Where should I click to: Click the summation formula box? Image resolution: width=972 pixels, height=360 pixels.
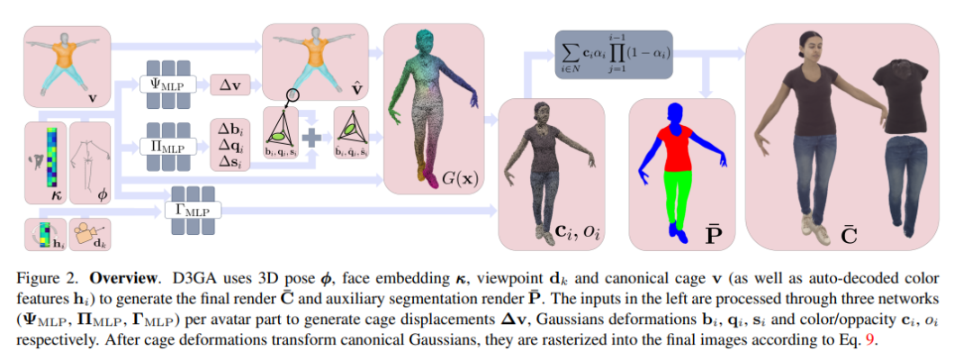tap(616, 53)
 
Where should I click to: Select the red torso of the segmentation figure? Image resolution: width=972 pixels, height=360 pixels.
tap(675, 144)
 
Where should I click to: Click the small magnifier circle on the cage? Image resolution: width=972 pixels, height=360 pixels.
tap(293, 95)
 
